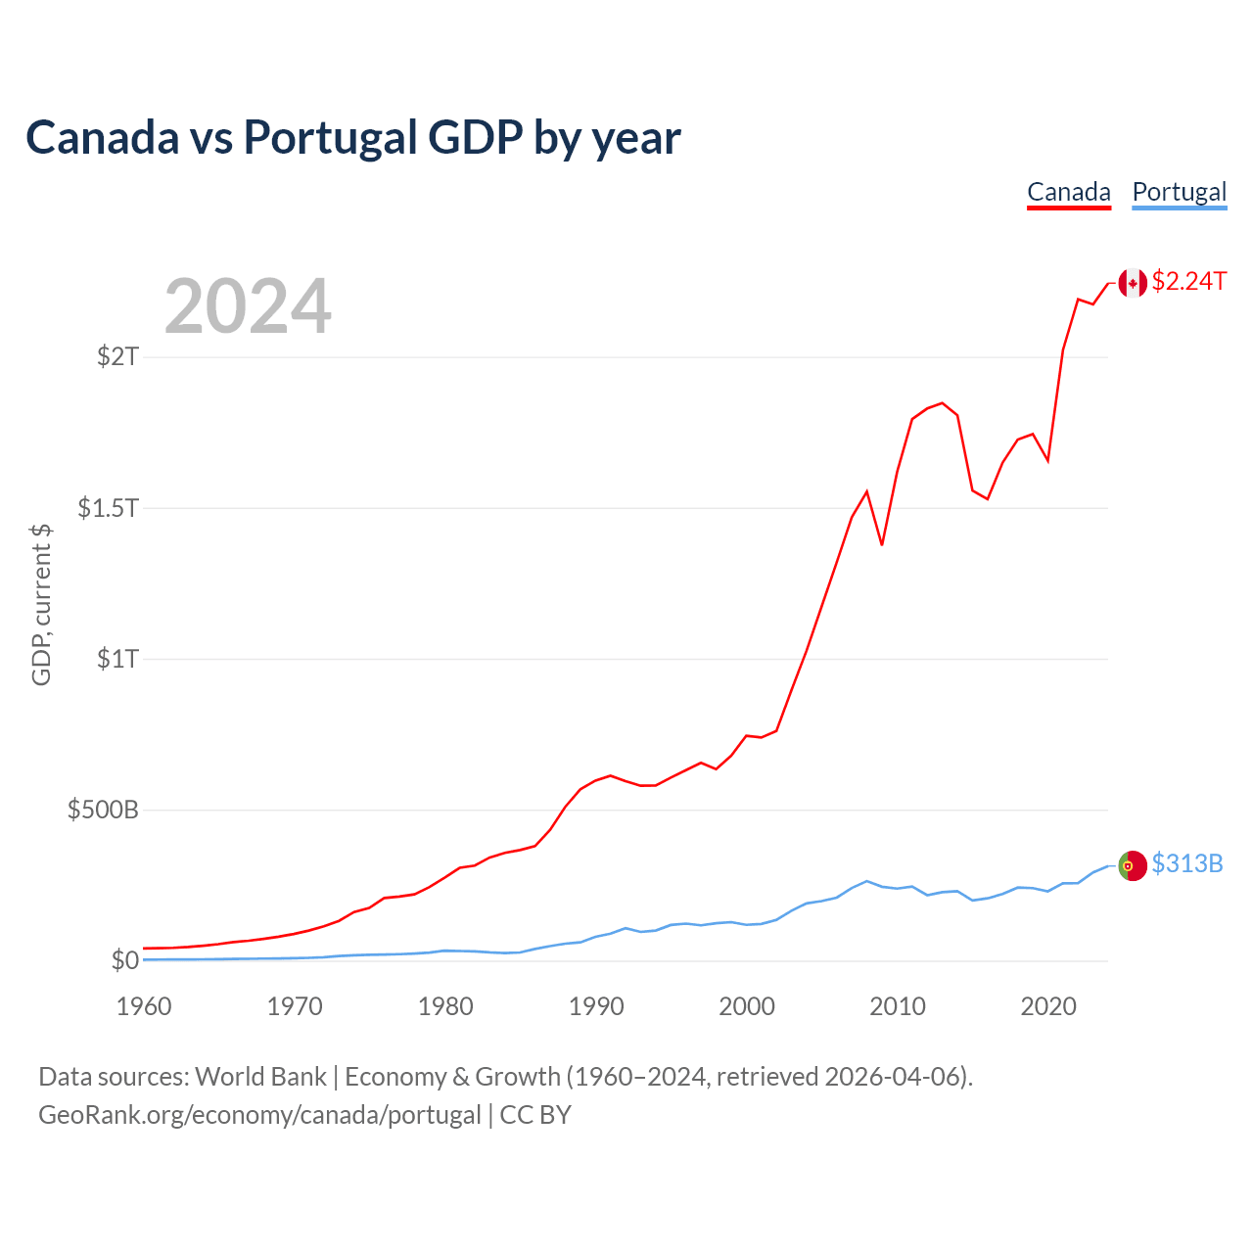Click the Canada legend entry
pos(1068,192)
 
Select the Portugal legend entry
pos(1179,192)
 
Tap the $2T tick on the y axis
pos(117,356)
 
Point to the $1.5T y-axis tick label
pos(109,507)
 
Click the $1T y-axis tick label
pos(117,659)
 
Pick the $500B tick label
pos(103,810)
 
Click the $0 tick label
pos(124,960)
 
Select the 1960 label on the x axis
pos(144,1006)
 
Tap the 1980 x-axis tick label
pos(445,1006)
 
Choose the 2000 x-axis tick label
pos(747,1006)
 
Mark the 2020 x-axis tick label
pos(1048,1006)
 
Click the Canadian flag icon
pos(1133,283)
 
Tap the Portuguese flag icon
pos(1133,865)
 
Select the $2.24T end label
pos(1188,282)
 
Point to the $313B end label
pos(1186,863)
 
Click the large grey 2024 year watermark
pos(248,306)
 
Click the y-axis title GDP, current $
pos(41,604)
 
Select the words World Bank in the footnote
pos(260,1077)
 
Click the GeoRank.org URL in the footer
pos(259,1115)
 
